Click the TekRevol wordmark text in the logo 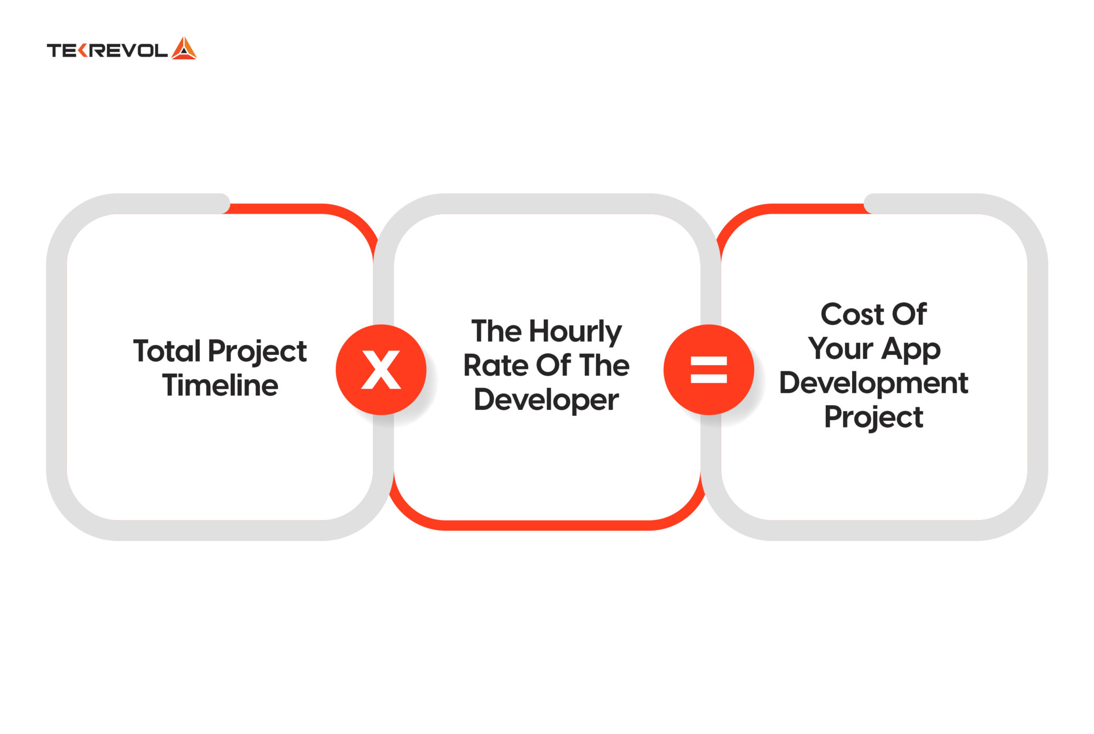click(x=107, y=51)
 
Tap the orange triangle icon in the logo click(x=184, y=49)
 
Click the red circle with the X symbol click(x=381, y=369)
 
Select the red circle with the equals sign click(x=708, y=369)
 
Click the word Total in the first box click(x=167, y=351)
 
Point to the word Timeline click(x=220, y=385)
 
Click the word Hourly click(x=575, y=332)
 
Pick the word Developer click(x=546, y=400)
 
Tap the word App click(x=911, y=350)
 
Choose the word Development click(x=873, y=383)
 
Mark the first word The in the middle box click(x=496, y=332)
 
